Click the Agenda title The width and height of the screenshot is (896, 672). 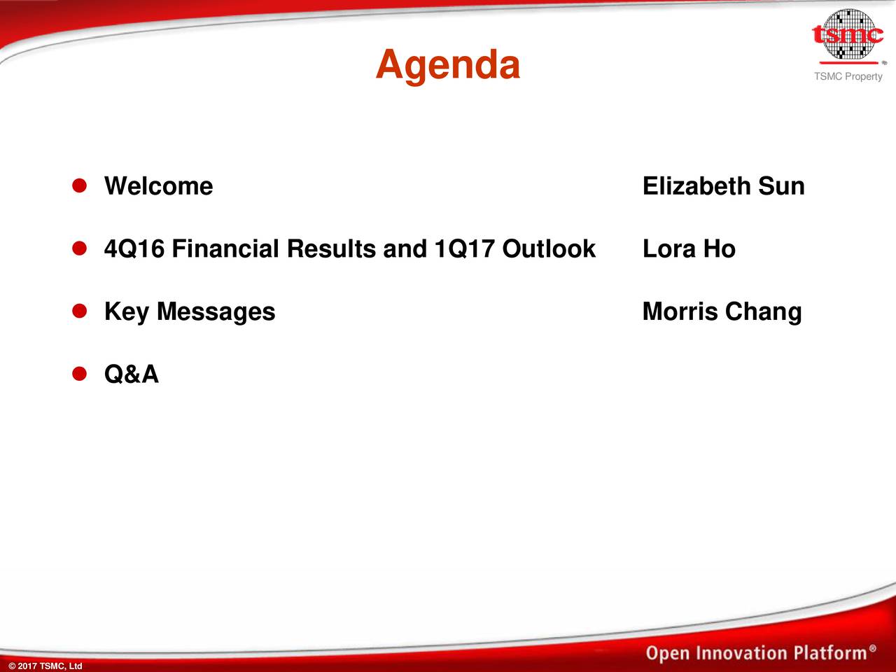coord(448,65)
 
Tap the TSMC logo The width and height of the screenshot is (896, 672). coord(848,35)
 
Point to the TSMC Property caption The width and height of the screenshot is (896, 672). coord(848,76)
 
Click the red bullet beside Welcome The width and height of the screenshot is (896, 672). coord(79,185)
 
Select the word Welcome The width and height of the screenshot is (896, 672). coord(158,186)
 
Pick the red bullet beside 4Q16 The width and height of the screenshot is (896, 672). coord(79,248)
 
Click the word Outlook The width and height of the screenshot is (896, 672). coord(549,249)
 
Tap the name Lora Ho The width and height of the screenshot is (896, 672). coord(689,249)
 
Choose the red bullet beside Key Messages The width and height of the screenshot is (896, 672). coord(79,311)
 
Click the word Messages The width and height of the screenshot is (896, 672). coord(216,312)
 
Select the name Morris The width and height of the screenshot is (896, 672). coord(680,312)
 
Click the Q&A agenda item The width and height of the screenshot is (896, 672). coord(132,375)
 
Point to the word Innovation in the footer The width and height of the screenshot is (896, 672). coord(745,654)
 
